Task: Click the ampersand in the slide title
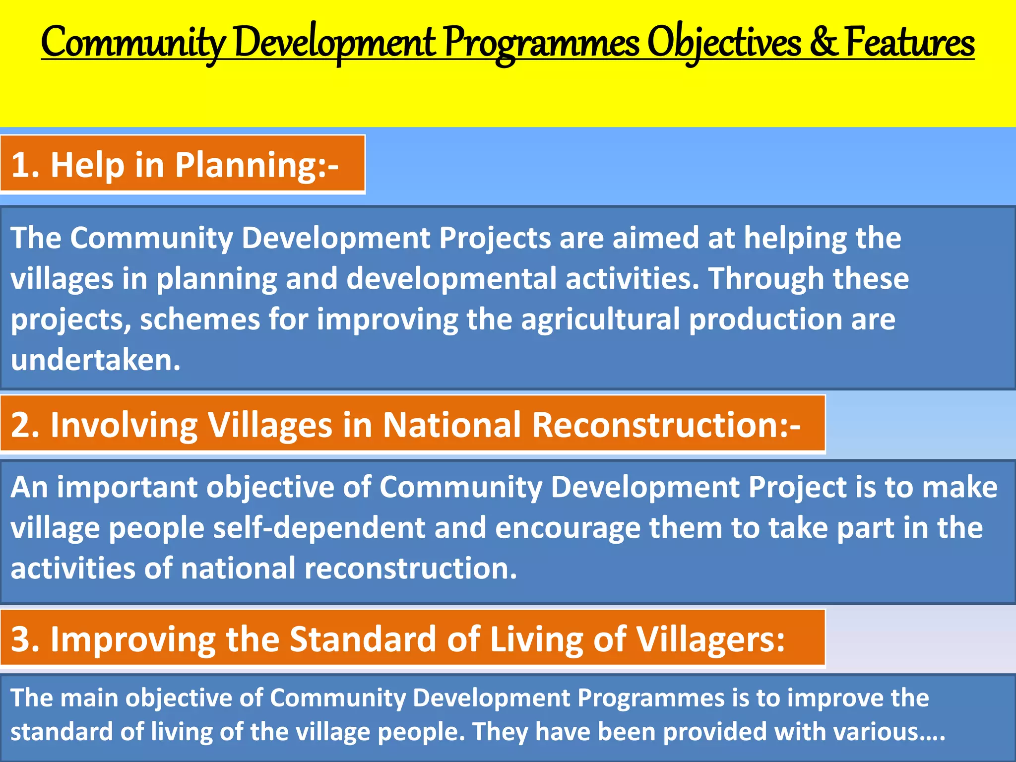pyautogui.click(x=823, y=43)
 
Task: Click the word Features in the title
pyautogui.click(x=910, y=43)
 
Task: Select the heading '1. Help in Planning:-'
pyautogui.click(x=175, y=165)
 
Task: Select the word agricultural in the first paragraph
pyautogui.click(x=600, y=319)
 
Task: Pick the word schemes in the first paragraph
pyautogui.click(x=200, y=319)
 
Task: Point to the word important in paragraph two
pyautogui.click(x=127, y=487)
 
